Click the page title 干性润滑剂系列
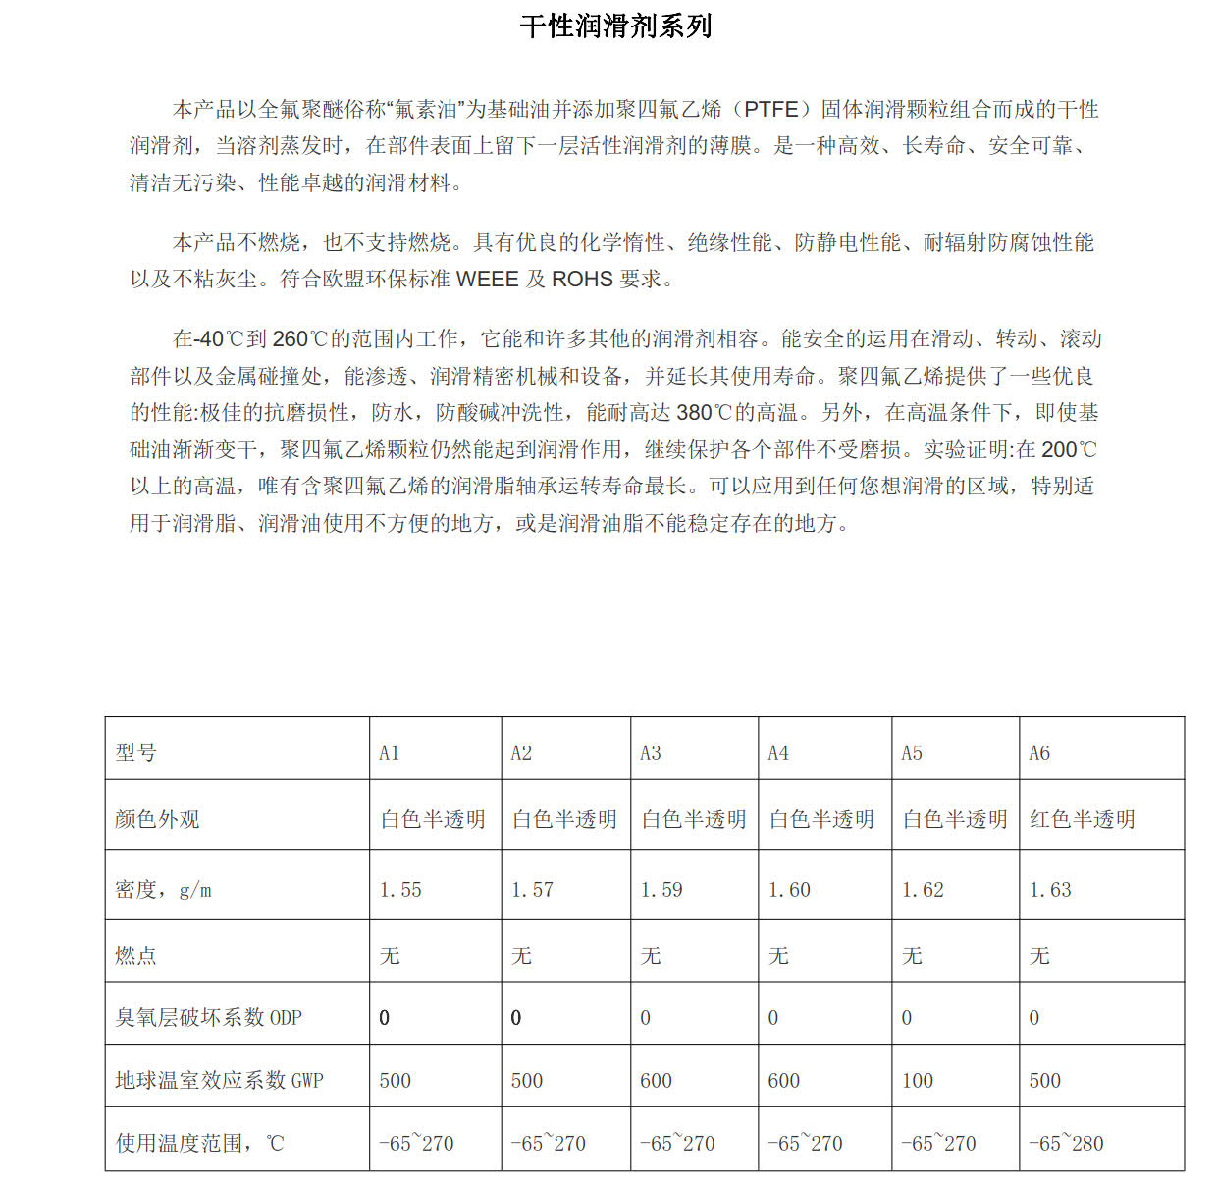615,26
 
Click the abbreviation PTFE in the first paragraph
771,109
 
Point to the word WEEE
487,279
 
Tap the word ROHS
582,279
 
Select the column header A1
390,753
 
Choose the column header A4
778,753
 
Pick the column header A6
1039,753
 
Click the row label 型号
136,753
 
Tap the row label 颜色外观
157,819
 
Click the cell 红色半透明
1082,819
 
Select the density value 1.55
400,890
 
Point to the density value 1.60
789,890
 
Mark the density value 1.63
1050,890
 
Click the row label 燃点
136,955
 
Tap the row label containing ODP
208,1018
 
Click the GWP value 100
918,1081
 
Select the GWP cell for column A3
656,1081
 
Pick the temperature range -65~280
1066,1144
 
